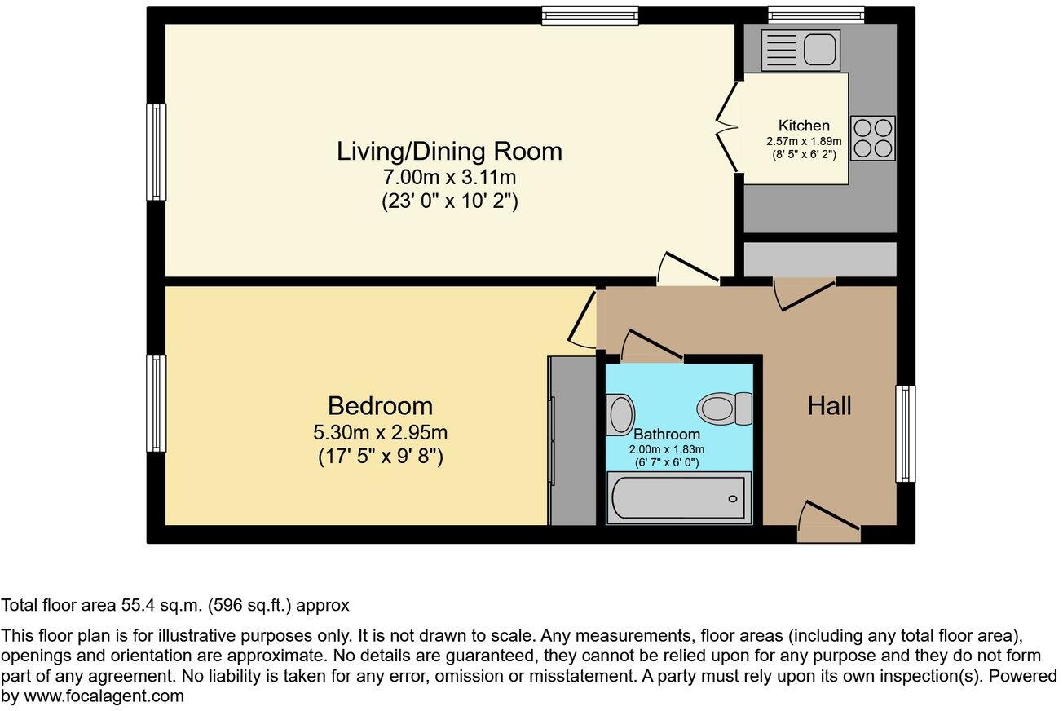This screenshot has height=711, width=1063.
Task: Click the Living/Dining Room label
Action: [x=449, y=152]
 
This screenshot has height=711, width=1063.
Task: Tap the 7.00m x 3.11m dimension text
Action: [x=449, y=178]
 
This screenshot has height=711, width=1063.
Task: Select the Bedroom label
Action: [x=380, y=406]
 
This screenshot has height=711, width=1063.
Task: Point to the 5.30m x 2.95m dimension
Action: [x=380, y=432]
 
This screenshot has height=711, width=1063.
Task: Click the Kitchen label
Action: [x=804, y=126]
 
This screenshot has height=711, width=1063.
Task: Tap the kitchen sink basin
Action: [x=819, y=50]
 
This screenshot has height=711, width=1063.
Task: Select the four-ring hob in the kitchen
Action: [x=873, y=138]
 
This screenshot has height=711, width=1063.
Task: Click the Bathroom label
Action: [x=667, y=434]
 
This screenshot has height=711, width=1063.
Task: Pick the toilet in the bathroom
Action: [x=725, y=408]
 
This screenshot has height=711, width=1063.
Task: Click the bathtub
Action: [x=679, y=498]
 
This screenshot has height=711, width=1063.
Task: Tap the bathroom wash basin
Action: [x=620, y=415]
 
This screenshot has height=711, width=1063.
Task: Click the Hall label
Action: [x=830, y=406]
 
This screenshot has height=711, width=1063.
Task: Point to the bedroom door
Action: [x=582, y=319]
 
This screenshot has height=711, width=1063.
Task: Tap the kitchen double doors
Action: [x=726, y=126]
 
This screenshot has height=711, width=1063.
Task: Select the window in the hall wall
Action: [x=906, y=434]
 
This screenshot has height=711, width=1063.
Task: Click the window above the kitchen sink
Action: [x=816, y=15]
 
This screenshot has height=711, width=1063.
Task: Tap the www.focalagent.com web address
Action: [x=104, y=696]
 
